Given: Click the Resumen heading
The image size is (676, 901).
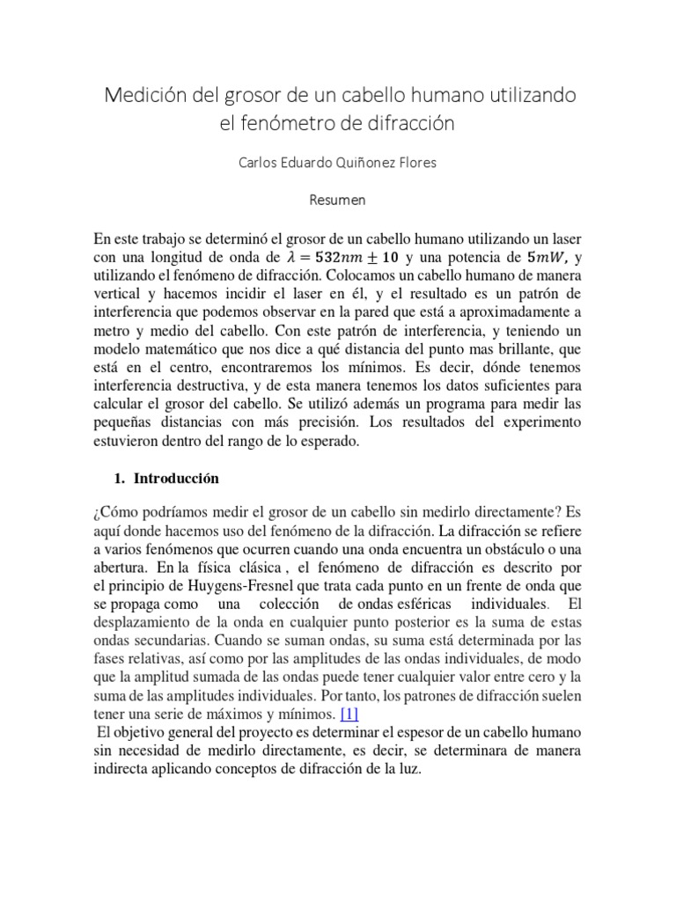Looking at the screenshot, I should pos(338,200).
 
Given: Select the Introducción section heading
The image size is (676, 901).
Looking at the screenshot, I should pos(175,480).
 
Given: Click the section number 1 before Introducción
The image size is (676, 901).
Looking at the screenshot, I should pos(119,480).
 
